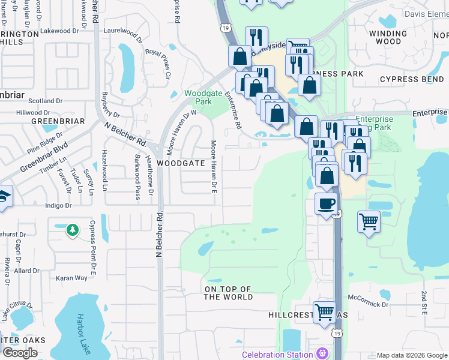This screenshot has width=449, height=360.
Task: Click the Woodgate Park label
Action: tap(198, 97)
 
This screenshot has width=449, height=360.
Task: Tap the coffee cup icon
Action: tap(327, 204)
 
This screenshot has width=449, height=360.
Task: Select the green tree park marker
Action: tap(72, 230)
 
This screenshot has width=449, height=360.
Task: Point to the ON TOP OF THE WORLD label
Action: tap(228, 293)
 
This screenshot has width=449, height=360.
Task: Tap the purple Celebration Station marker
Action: tap(323, 354)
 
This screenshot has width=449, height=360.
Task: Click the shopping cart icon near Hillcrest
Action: tap(325, 312)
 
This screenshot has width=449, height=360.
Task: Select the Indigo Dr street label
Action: tap(59, 205)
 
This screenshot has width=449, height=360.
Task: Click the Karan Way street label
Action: tap(72, 278)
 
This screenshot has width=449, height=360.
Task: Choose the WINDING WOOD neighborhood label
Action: tap(385, 37)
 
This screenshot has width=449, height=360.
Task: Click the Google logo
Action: tap(19, 353)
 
